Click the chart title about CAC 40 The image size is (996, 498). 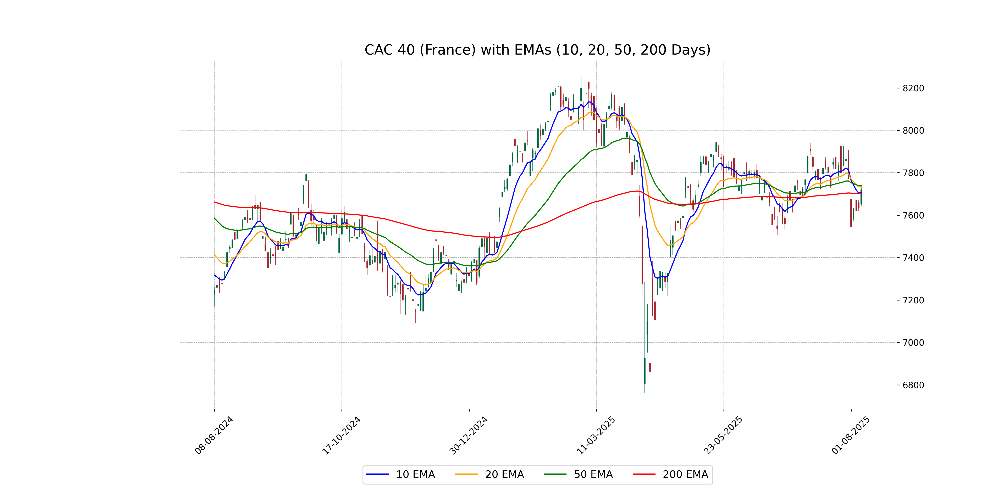537,50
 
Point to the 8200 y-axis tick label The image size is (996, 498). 913,88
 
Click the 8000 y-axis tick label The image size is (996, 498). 913,131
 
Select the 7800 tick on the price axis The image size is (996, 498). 913,173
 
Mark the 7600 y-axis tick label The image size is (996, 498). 913,215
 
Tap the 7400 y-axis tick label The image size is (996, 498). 913,258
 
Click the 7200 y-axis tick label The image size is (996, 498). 913,300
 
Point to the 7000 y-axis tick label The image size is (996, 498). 913,343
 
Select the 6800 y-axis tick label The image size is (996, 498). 913,385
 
